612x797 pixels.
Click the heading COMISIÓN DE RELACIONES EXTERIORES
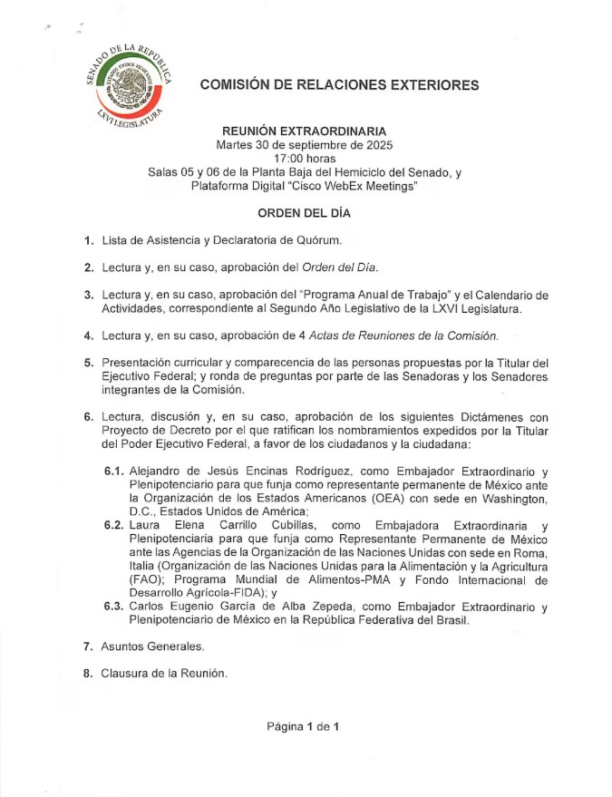pos(339,85)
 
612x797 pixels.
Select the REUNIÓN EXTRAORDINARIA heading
pos(304,131)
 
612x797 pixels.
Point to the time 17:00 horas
pos(305,159)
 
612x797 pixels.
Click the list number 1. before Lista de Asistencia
pos(88,240)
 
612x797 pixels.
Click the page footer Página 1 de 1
pos(303,726)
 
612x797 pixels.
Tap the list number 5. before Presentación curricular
pos(88,363)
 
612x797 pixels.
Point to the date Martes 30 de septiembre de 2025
pos(305,145)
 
